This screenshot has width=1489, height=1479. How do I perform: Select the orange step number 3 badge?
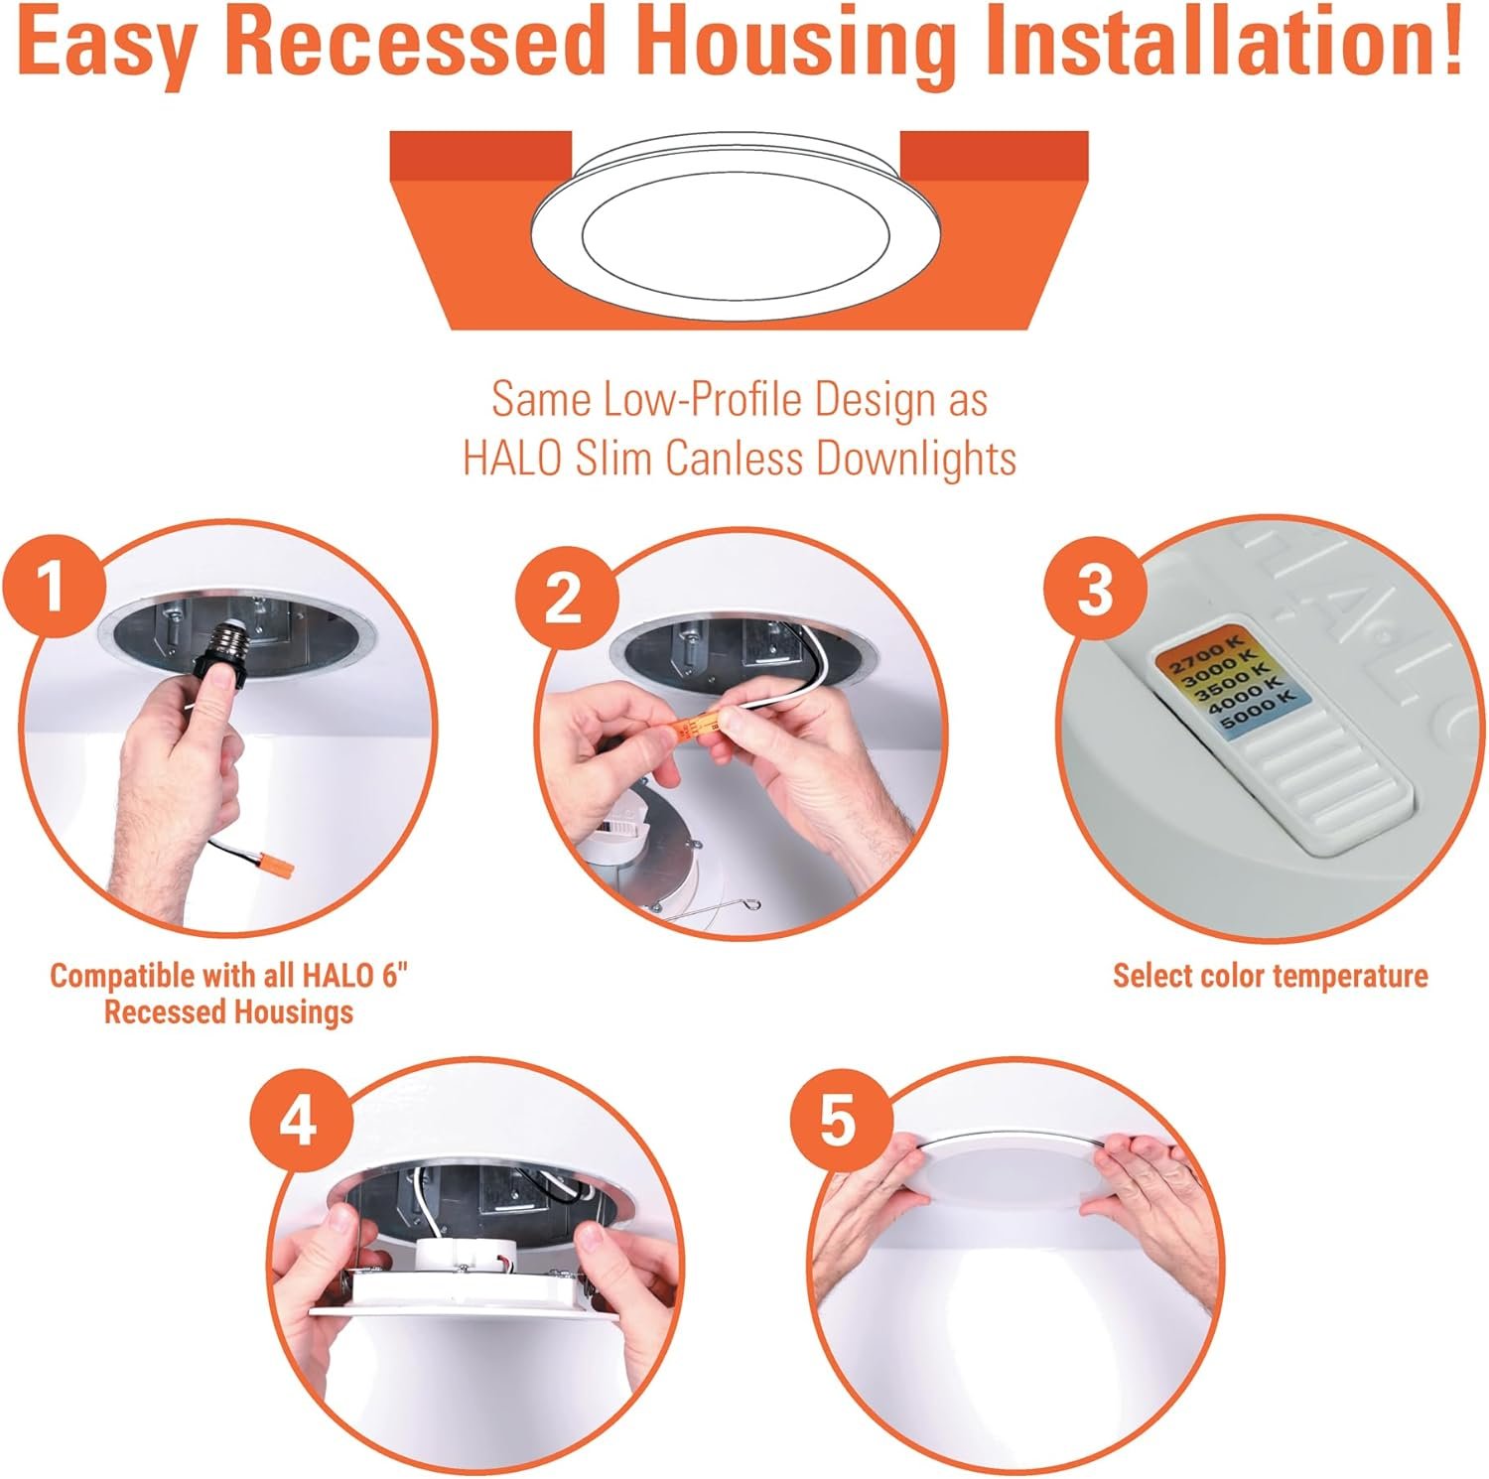(x=1095, y=590)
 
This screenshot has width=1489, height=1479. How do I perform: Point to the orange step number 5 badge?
(x=838, y=1122)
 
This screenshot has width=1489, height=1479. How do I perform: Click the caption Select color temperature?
(x=1271, y=976)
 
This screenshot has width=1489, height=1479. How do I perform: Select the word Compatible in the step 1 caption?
(x=122, y=977)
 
